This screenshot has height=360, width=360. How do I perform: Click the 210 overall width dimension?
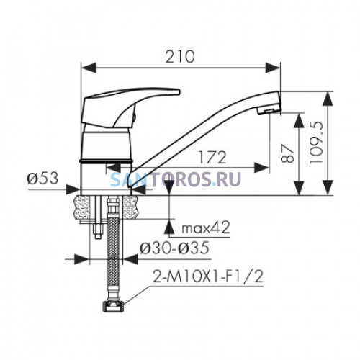(x=180, y=57)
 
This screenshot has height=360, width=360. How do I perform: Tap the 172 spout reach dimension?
(x=212, y=158)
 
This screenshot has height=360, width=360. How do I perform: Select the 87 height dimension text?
(x=287, y=153)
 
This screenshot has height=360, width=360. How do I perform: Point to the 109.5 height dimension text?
(x=316, y=143)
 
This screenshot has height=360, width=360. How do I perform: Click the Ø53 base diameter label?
(x=42, y=179)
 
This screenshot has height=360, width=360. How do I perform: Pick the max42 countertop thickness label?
(x=206, y=228)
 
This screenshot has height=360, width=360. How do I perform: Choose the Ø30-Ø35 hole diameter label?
(x=174, y=248)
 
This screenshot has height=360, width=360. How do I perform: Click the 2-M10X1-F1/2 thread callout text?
(x=208, y=276)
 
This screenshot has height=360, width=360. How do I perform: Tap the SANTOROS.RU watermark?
(x=176, y=179)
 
